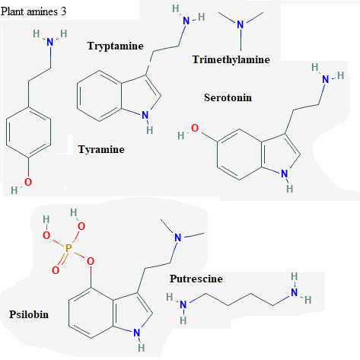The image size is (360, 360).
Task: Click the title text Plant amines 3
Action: tap(33, 11)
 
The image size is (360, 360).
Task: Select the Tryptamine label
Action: tap(116, 46)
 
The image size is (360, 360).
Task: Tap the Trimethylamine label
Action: tap(231, 59)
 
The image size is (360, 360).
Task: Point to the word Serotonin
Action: tap(228, 97)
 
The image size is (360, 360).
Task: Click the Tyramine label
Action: tap(101, 149)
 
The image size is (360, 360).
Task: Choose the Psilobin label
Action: tap(29, 314)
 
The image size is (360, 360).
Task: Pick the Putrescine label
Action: tap(196, 279)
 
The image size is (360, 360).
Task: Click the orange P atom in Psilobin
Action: tap(68, 248)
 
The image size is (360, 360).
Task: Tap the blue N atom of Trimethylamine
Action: tap(241, 24)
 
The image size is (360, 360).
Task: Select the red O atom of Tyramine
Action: tap(28, 182)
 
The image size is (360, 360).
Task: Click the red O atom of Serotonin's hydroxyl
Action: tap(195, 128)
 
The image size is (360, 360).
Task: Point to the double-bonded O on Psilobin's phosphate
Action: tap(56, 270)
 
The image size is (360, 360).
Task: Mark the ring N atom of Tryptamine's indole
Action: tap(145, 115)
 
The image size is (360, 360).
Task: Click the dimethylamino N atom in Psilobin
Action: tap(178, 237)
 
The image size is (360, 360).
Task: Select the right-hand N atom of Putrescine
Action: tap(295, 292)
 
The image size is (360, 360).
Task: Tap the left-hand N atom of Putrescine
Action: tap(183, 304)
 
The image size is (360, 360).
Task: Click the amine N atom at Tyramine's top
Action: tap(50, 42)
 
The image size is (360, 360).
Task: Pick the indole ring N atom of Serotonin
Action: tap(285, 174)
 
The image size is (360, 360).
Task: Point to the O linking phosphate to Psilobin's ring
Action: tap(91, 261)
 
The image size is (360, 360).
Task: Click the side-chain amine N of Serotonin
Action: tap(326, 79)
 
